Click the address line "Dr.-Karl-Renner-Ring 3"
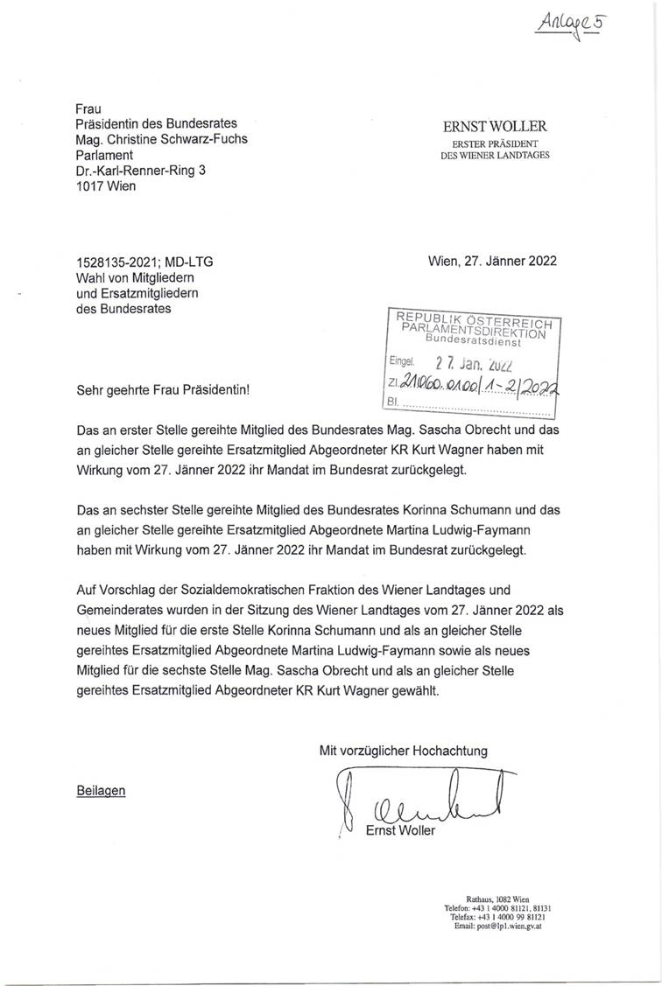141,171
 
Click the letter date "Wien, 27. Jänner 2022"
492,261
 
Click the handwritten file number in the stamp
479,386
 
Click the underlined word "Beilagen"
101,790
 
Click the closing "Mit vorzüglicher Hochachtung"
404,750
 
